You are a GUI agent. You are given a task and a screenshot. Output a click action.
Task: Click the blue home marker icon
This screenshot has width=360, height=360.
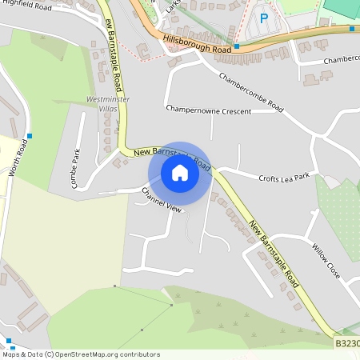[180, 173]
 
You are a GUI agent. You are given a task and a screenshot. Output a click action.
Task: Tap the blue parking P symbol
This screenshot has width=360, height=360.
[263, 18]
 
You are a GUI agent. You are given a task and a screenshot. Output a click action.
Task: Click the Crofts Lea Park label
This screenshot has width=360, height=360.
[283, 177]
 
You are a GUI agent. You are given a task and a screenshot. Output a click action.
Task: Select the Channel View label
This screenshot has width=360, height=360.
[162, 199]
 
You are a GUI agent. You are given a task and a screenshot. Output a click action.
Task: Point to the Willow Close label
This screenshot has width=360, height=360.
[326, 261]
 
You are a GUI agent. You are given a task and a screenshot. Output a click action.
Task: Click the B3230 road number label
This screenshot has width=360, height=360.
[347, 343]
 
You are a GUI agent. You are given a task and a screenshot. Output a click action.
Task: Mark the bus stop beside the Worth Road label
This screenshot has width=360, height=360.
[30, 136]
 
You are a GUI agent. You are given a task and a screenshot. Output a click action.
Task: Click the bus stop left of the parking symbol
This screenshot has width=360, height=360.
[235, 25]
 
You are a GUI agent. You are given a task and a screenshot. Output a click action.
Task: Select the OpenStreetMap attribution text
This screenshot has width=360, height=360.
[81, 354]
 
